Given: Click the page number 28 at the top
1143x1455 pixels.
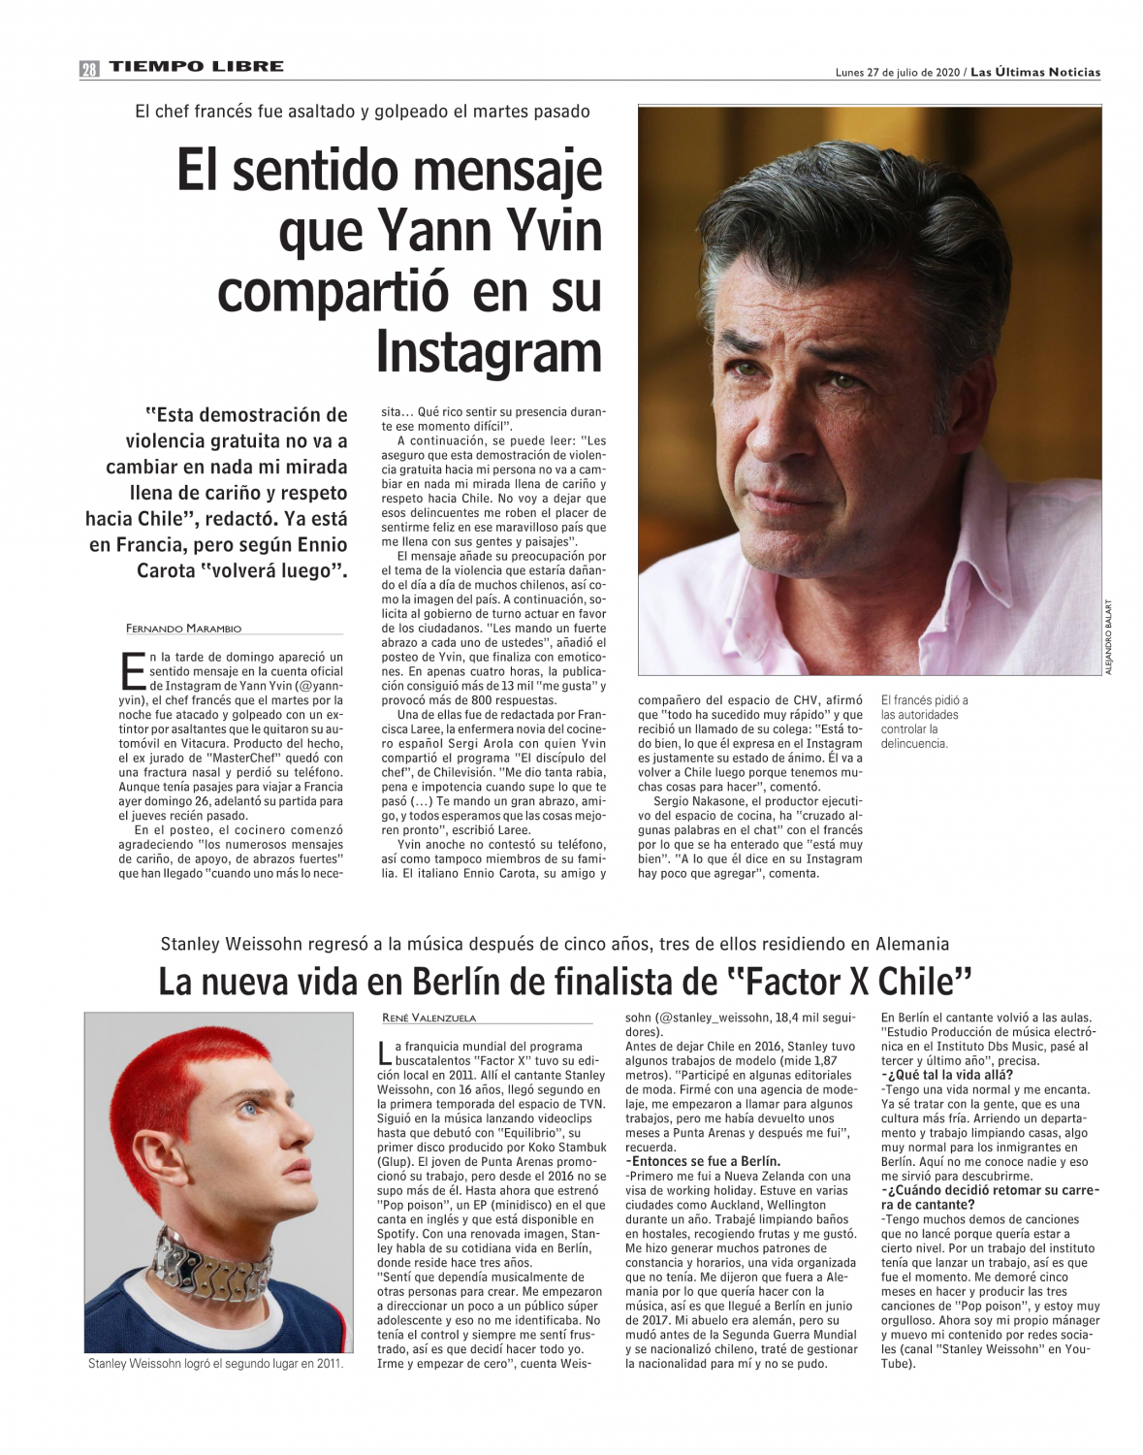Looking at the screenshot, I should tap(89, 68).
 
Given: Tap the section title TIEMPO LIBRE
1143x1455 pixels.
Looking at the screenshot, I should tap(196, 67).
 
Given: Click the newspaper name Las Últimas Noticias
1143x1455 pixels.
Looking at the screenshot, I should tap(1035, 73).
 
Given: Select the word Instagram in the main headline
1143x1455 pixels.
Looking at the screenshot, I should tap(489, 351).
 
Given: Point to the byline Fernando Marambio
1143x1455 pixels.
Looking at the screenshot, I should tap(183, 628).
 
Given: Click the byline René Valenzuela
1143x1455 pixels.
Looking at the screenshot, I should tap(429, 1018).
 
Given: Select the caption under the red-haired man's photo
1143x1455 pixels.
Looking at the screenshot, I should tap(215, 1364).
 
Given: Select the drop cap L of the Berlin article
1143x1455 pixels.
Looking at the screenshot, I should tap(386, 1053).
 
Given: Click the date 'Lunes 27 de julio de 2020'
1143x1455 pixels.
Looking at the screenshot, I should tap(897, 73).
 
